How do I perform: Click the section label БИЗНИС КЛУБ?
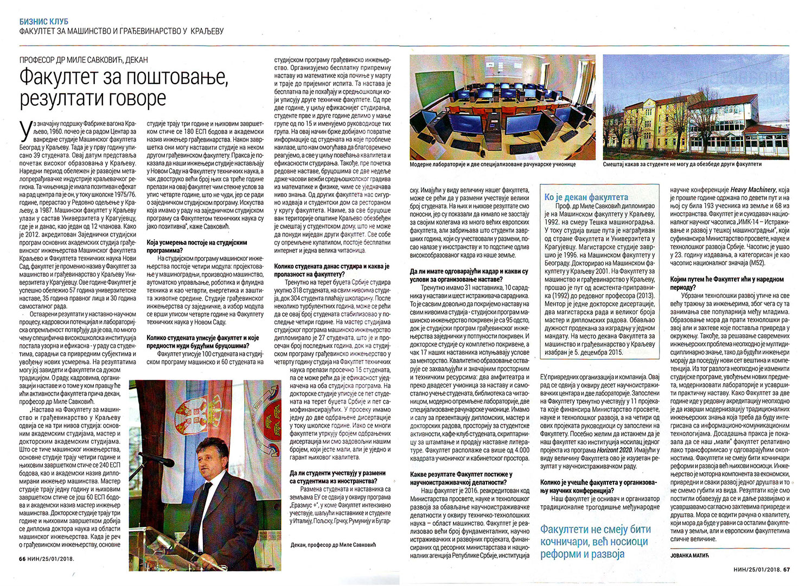[x=43, y=21]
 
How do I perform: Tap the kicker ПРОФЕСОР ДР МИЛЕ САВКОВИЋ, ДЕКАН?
[x=84, y=60]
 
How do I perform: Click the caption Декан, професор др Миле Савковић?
[x=333, y=545]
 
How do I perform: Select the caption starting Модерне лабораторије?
[x=493, y=164]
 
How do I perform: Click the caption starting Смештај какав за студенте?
[x=682, y=164]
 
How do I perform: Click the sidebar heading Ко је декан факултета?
[x=586, y=197]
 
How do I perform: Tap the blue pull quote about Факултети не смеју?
[x=595, y=542]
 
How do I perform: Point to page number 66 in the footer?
[x=22, y=558]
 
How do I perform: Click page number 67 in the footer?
[x=786, y=569]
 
